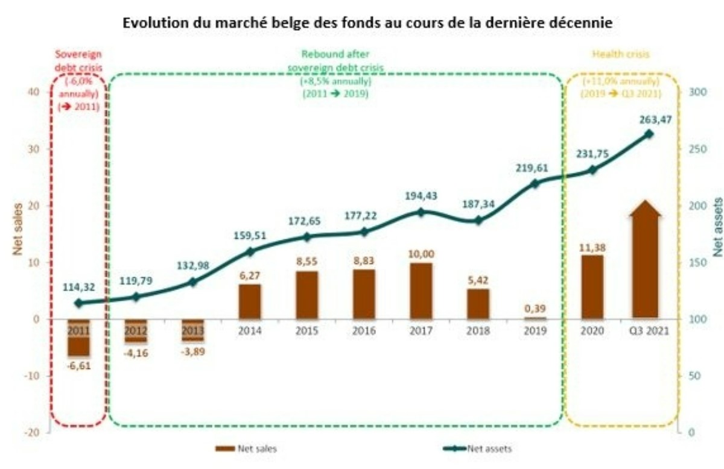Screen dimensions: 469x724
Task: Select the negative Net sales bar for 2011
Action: [78, 339]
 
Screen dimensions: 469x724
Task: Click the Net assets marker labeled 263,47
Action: [649, 134]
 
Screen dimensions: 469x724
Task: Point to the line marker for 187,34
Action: [478, 221]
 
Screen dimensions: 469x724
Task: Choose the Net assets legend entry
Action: [477, 449]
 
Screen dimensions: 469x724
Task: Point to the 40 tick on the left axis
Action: [34, 92]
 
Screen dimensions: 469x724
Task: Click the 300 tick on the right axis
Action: [691, 92]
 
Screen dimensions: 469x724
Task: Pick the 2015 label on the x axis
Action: [306, 331]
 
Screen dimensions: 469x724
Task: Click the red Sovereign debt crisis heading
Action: [78, 60]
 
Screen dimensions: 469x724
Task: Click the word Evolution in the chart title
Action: [152, 23]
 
